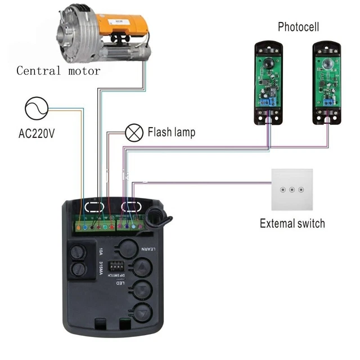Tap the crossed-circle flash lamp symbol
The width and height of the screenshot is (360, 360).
[x=133, y=133]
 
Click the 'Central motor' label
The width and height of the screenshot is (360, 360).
[x=58, y=71]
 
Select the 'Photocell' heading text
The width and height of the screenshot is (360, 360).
[x=298, y=27]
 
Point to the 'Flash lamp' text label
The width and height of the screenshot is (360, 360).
[x=171, y=133]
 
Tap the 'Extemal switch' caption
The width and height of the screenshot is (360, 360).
[x=292, y=223]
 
